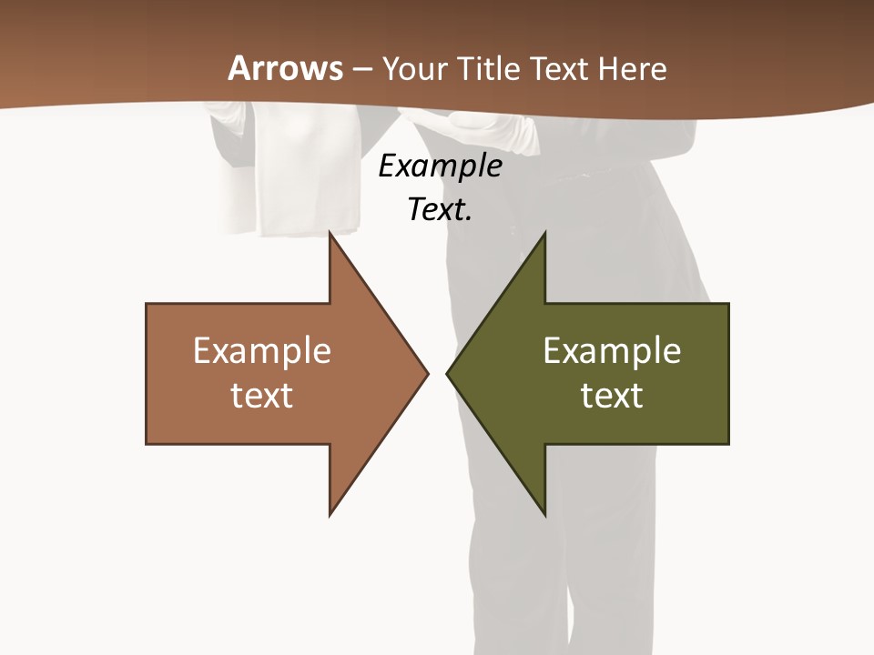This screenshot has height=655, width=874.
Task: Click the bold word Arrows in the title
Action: click(286, 68)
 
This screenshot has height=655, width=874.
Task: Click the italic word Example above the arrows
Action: click(440, 166)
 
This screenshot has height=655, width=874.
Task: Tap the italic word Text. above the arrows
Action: click(440, 210)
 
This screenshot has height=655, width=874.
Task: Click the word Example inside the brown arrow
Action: click(262, 351)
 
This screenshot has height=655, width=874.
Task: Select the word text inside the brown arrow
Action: click(262, 396)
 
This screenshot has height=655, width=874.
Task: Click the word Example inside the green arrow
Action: click(612, 351)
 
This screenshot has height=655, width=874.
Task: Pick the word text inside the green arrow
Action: click(612, 396)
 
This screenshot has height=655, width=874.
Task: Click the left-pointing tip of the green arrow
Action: click(448, 373)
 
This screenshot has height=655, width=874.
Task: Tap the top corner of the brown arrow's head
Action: click(330, 234)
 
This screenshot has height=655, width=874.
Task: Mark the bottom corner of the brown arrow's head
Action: click(330, 514)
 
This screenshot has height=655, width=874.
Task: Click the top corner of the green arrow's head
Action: click(544, 234)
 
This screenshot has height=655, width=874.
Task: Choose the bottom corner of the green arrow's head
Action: click(544, 514)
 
